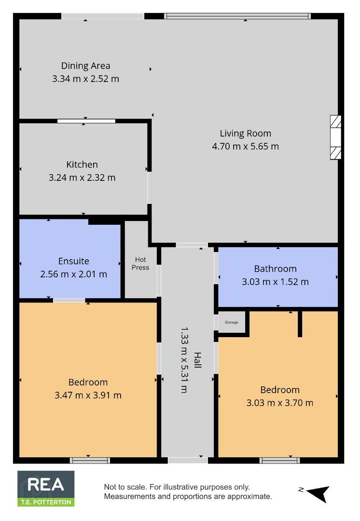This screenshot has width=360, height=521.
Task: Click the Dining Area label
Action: click(x=85, y=66)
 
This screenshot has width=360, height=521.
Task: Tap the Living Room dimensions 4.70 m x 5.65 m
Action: click(x=245, y=146)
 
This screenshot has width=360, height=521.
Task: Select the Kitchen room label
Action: click(x=82, y=165)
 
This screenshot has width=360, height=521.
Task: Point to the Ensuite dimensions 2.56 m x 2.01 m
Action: click(x=73, y=274)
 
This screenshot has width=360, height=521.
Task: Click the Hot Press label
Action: click(x=140, y=263)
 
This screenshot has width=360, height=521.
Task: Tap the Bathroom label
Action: click(x=275, y=269)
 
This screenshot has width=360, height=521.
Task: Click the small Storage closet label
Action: click(x=231, y=322)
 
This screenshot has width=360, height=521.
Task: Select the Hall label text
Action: click(x=198, y=360)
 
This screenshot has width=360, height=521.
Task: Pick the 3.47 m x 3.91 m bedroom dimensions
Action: click(x=88, y=395)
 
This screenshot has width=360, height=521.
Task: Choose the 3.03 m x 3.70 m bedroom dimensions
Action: click(x=279, y=403)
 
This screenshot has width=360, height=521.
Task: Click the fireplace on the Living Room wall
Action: click(x=336, y=137)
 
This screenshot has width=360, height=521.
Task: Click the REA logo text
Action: click(x=45, y=485)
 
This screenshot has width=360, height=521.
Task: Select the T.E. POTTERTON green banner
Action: click(x=46, y=502)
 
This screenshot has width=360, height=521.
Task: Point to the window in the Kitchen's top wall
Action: click(x=86, y=121)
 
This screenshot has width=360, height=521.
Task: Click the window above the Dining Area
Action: click(x=103, y=16)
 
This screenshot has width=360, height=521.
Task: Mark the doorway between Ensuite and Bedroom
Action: click(x=69, y=301)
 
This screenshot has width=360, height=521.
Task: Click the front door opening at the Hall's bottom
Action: click(x=188, y=460)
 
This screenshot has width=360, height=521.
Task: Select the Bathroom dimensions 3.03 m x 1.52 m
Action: click(x=275, y=282)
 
